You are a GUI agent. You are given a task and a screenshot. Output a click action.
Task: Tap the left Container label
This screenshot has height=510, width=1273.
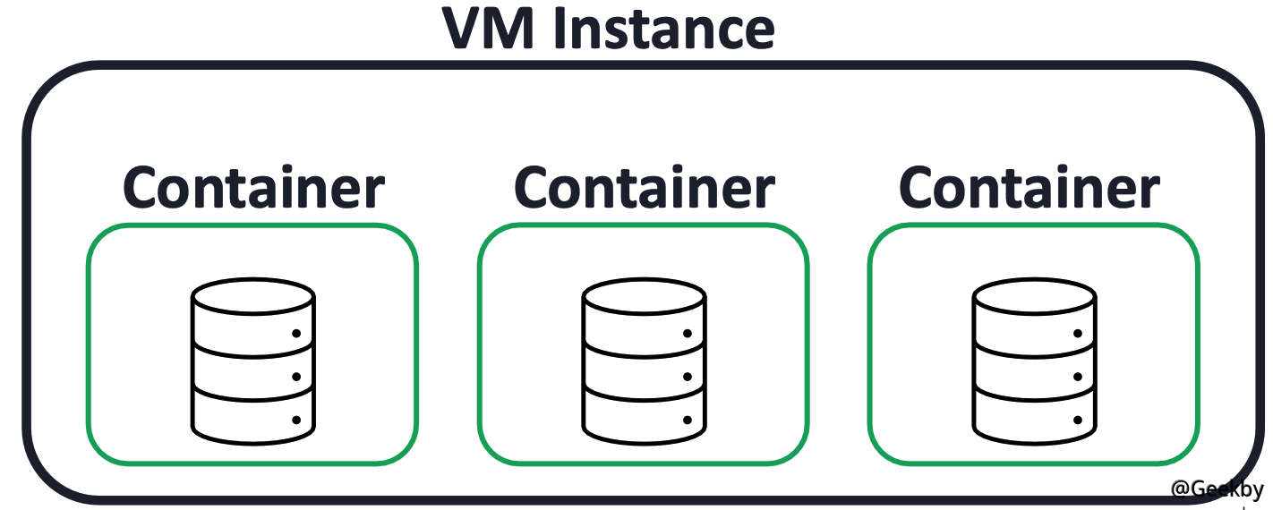pos(253,188)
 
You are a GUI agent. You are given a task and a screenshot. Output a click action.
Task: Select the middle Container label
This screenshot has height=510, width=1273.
pos(644,188)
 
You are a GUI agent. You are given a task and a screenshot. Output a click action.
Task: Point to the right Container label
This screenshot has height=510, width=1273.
pos(1029,188)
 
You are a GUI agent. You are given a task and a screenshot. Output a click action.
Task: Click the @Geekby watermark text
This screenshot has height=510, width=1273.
pos(1217,489)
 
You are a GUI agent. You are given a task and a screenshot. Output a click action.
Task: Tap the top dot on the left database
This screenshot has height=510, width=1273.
pos(296,334)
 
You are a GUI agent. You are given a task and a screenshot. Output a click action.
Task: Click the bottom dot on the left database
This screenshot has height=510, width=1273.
pos(296,419)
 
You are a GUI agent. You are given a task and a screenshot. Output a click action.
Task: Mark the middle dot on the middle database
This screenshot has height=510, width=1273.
pos(687,377)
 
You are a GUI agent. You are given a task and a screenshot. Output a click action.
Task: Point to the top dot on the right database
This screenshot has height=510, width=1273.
pos(1077,334)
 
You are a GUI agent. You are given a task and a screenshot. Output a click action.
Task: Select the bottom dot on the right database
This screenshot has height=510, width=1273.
pos(1077,419)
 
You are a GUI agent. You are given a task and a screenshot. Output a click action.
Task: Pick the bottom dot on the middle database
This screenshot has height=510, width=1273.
pos(687,419)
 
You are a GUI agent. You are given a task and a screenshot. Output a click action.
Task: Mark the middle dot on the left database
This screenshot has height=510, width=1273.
pos(296,377)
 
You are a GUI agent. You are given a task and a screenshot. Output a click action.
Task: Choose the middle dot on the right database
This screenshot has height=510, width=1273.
pos(1077,377)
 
